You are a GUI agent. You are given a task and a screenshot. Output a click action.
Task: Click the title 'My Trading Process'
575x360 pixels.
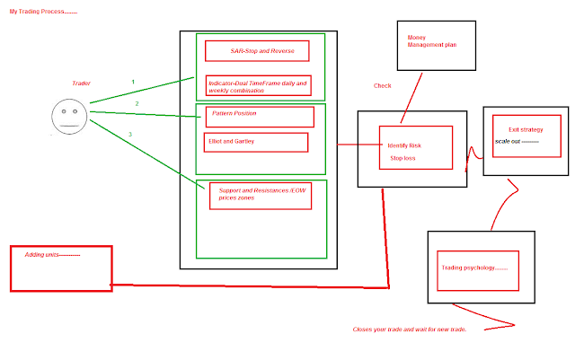(x=43, y=13)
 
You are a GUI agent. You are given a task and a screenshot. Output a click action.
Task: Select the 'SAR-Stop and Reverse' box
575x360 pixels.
(x=256, y=50)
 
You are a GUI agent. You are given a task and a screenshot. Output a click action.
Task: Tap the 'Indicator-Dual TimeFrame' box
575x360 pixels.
(x=258, y=86)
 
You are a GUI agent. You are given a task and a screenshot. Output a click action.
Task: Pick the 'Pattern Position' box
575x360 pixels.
(x=261, y=117)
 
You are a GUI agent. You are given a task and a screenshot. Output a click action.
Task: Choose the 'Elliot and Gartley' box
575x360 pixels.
(x=256, y=142)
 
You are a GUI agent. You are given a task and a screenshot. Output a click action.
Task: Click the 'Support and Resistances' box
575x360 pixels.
(x=261, y=195)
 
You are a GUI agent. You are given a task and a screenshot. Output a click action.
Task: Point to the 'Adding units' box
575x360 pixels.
(x=61, y=268)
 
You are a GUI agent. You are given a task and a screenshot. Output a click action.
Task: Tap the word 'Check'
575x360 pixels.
(x=383, y=86)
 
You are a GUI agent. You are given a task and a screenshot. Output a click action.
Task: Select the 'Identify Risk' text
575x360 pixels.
(x=404, y=145)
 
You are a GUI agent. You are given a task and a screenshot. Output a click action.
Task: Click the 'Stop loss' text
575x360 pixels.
(x=402, y=158)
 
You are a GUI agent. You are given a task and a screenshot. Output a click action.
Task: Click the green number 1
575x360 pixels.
(x=133, y=82)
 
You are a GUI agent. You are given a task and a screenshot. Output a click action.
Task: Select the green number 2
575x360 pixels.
(x=137, y=104)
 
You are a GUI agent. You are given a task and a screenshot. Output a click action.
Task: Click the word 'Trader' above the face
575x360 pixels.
(x=81, y=83)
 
